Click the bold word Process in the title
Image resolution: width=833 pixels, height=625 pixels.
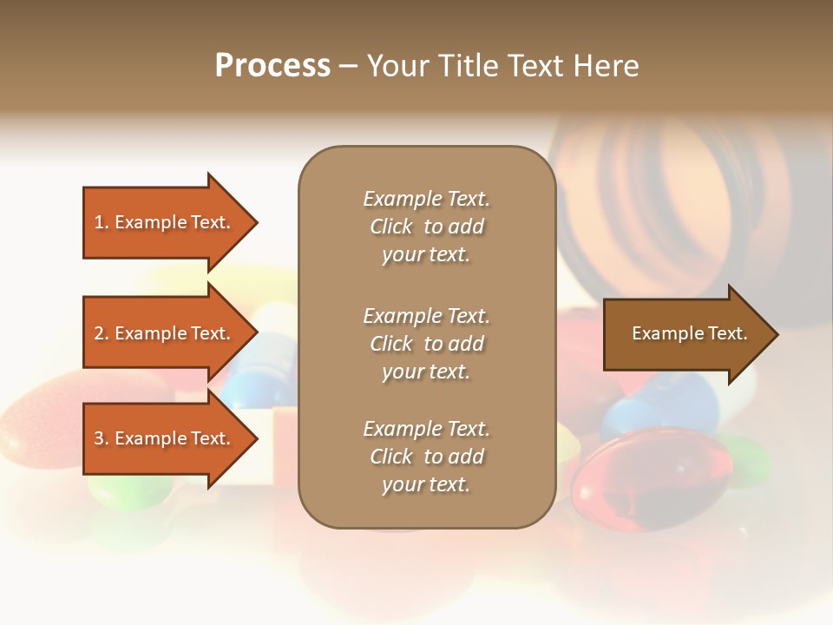click(x=272, y=66)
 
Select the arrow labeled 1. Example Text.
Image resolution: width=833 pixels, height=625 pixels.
click(x=165, y=222)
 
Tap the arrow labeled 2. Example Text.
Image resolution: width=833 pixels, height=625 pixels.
click(x=165, y=333)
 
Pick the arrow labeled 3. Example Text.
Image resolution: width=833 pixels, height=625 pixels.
click(x=165, y=438)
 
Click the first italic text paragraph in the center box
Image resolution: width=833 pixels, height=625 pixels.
click(x=426, y=227)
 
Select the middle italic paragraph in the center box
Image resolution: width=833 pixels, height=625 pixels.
click(x=426, y=344)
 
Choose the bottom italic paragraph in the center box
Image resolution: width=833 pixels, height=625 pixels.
click(x=426, y=457)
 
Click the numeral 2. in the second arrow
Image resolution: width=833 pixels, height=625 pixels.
click(x=102, y=333)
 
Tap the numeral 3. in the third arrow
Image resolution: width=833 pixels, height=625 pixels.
click(x=102, y=438)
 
